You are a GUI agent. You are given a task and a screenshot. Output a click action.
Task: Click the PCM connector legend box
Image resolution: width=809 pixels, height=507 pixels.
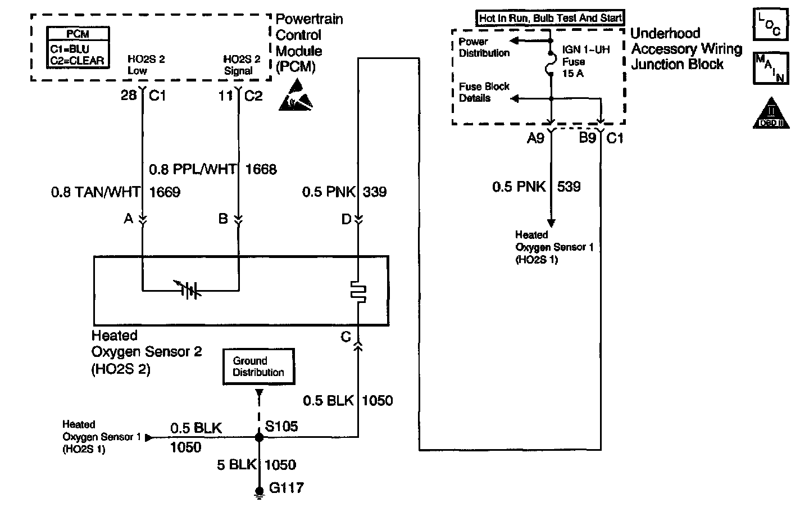pos(78,47)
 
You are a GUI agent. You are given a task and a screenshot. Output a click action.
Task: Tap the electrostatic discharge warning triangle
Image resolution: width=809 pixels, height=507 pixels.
pos(296,96)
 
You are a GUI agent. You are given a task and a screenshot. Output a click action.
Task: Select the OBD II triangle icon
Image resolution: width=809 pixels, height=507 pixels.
pos(771,114)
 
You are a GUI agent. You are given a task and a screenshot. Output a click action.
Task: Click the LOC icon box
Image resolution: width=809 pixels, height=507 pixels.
pos(771,24)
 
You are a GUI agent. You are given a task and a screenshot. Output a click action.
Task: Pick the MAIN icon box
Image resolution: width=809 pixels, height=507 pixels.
pos(771,68)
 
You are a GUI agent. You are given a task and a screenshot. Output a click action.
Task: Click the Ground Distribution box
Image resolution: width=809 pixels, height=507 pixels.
pos(258,366)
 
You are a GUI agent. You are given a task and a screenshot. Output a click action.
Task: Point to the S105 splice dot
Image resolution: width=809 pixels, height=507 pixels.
pos(259,437)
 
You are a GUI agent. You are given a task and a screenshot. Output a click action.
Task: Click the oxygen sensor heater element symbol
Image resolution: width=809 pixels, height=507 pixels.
pos(358,292)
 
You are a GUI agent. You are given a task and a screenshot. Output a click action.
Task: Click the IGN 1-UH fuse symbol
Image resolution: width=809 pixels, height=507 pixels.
pos(550,64)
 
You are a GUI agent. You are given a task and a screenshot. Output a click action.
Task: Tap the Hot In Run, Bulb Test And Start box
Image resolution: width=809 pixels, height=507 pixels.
pos(550,18)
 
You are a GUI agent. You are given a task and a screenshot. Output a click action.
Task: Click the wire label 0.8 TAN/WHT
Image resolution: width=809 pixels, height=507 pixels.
pos(96,192)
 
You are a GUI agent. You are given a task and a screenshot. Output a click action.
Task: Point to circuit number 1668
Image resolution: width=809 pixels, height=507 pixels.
pos(261,169)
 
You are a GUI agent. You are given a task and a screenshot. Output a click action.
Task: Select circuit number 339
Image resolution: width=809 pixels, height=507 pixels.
pos(375,192)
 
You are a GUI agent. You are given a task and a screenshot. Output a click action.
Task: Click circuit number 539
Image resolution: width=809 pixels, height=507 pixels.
pos(569,187)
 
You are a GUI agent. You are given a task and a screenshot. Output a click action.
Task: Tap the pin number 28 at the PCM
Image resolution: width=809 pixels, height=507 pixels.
pos(129,96)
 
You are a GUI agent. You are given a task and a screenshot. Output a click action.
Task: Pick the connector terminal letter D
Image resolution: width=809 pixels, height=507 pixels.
pos(346,219)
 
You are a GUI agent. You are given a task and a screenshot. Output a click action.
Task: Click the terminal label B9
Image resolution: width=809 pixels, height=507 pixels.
pos(587,138)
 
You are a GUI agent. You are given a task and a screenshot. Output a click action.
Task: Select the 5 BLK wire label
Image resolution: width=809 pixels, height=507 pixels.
pos(237,464)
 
